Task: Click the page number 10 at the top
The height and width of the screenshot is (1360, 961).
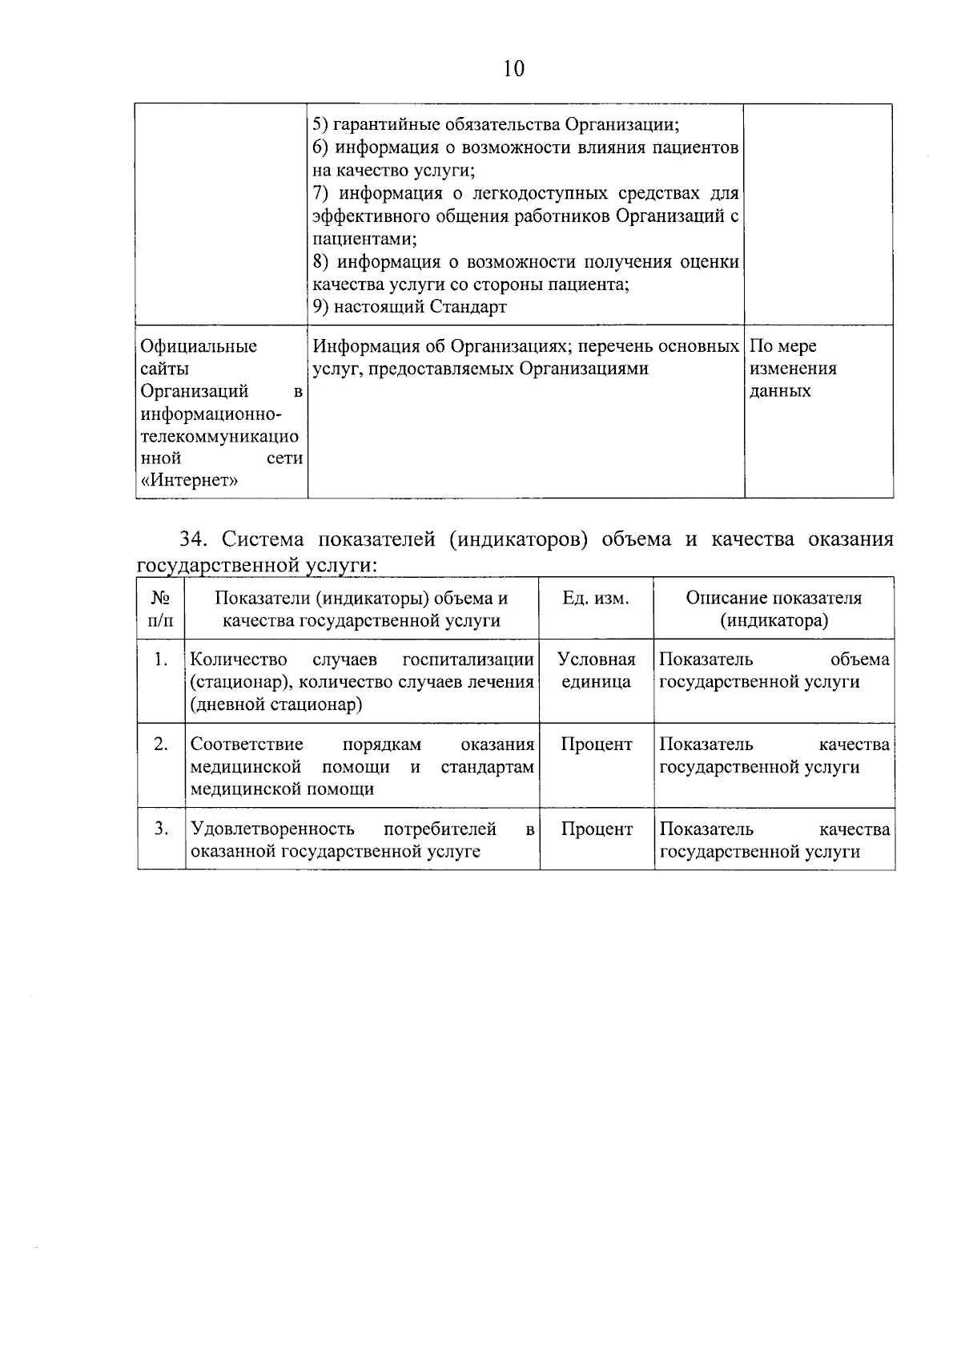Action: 514,69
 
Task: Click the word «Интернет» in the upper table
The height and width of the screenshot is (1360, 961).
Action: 189,481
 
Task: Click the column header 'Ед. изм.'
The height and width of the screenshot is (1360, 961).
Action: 596,599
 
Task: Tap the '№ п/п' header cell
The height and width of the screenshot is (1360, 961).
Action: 161,609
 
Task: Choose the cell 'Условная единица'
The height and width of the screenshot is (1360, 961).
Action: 596,671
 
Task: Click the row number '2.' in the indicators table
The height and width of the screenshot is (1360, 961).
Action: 161,745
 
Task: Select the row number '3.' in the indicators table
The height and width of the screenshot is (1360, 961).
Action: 161,829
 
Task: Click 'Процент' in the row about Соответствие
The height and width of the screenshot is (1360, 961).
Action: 596,745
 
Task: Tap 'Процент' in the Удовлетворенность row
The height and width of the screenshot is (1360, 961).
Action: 596,829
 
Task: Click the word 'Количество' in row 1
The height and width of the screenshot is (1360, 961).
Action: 239,660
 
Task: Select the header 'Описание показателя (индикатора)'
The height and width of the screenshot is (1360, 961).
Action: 774,609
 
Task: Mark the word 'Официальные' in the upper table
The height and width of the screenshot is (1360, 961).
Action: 199,346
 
